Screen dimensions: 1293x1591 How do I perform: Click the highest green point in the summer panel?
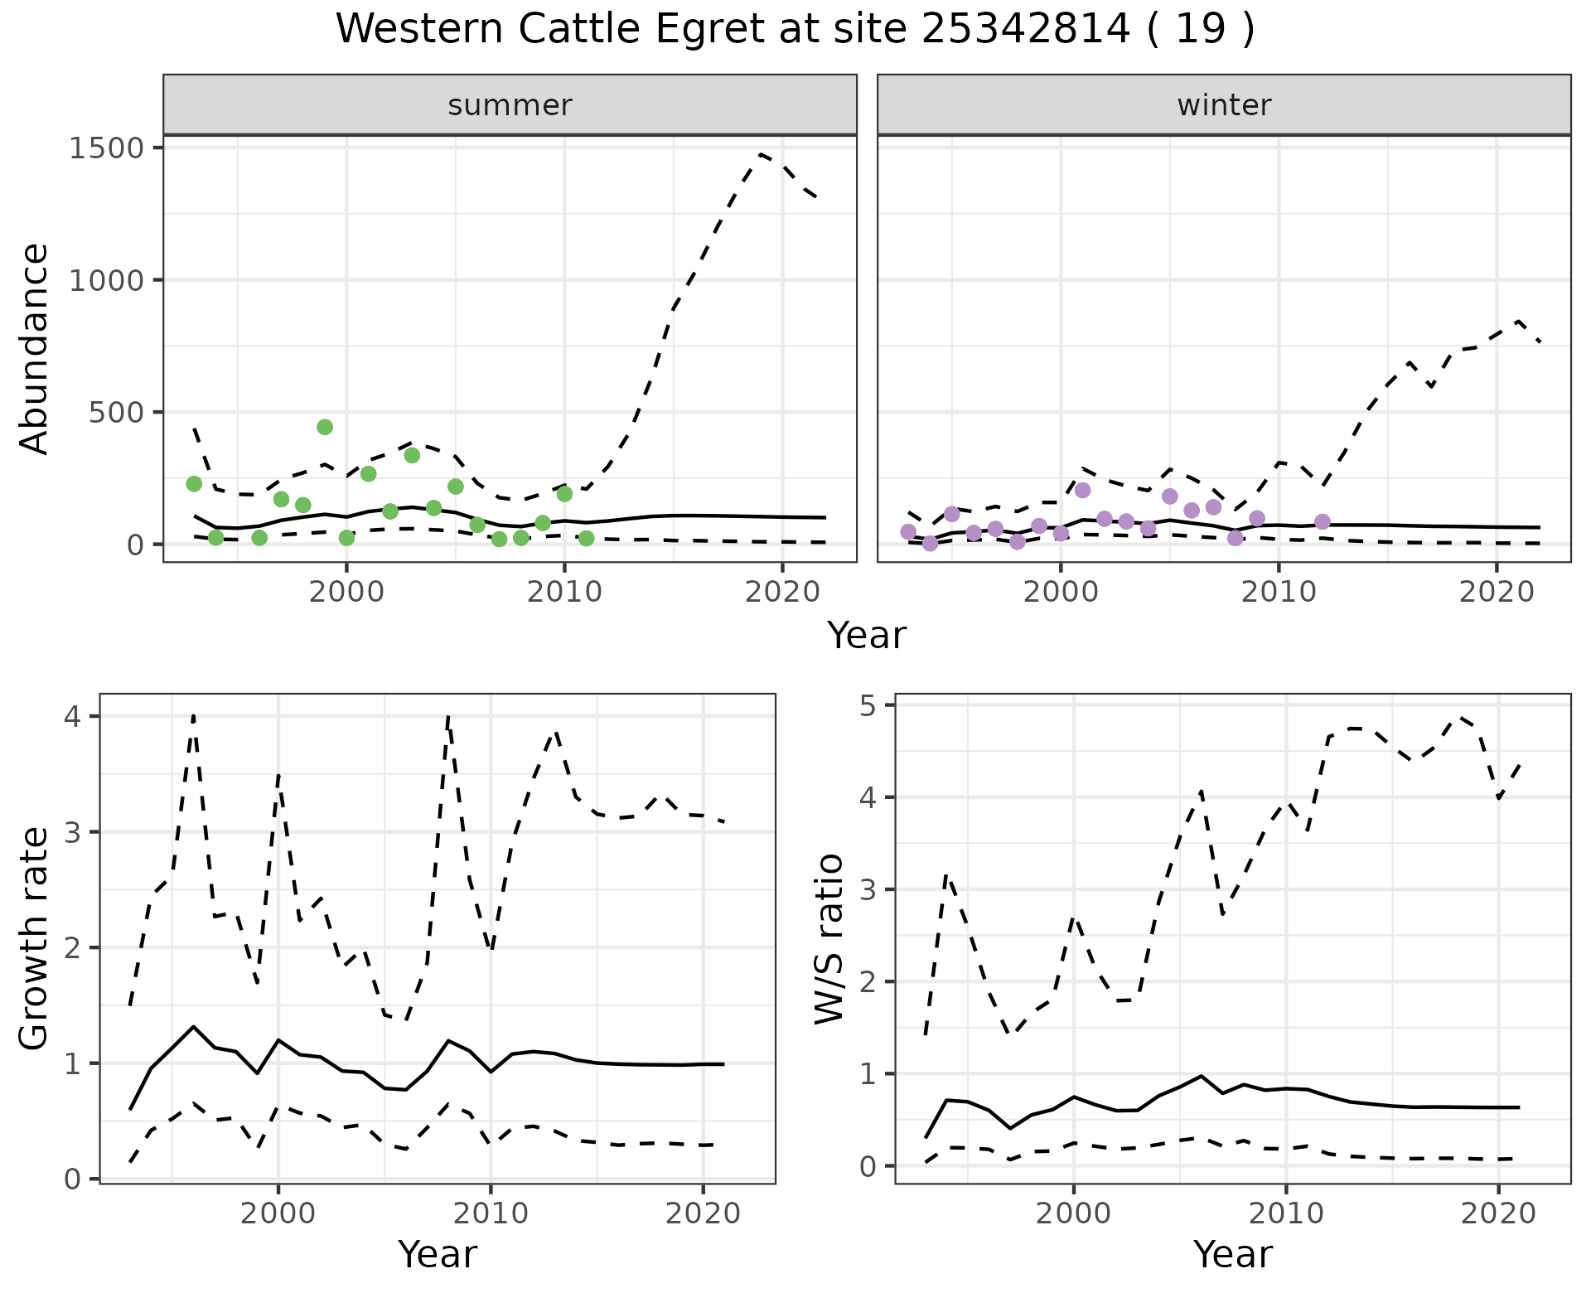325,427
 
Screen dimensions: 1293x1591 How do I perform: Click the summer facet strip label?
510,105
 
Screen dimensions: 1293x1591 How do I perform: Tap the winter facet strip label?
1224,105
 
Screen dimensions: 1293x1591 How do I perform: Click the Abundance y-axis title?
35,348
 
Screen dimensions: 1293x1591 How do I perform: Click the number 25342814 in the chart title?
1025,30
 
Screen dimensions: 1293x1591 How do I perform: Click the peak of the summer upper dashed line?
761,154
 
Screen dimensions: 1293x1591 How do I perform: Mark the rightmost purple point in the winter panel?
1323,522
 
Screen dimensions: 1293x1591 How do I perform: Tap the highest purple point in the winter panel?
1082,491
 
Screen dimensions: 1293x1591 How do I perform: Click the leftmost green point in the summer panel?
194,484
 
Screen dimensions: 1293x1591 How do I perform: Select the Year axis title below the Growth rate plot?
438,1255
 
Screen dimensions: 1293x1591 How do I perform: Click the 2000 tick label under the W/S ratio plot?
1073,1215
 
